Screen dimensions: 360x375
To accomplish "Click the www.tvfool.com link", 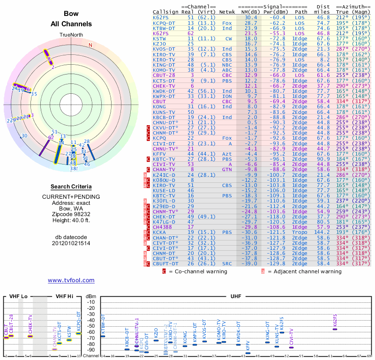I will tap(71, 280).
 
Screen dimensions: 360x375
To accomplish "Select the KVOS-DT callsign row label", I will tap(165, 49).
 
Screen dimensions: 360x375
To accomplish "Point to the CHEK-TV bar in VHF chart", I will tap(30, 336).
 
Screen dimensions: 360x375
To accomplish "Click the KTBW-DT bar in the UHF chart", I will tap(103, 336).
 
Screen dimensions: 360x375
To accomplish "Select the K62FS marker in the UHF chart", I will tap(335, 329).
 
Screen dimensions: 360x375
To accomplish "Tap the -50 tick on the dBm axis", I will tap(91, 320).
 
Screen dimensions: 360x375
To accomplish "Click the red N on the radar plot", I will tap(90, 45).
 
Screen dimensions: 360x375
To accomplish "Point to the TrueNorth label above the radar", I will tap(71, 35).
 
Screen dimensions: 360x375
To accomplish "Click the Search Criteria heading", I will tap(71, 187).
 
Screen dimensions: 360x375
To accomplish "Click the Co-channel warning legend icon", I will tap(164, 271).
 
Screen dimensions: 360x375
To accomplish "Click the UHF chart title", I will tap(236, 296).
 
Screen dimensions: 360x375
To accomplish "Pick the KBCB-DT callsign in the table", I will tap(165, 117).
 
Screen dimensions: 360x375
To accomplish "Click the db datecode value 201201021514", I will tap(71, 243).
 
